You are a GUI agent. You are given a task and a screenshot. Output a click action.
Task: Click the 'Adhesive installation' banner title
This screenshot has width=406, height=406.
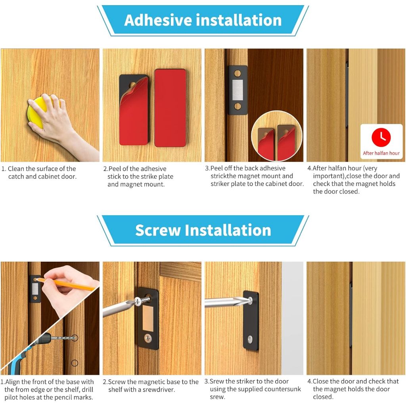203,20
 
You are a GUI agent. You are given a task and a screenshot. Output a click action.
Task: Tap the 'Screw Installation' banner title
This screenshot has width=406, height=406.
203,230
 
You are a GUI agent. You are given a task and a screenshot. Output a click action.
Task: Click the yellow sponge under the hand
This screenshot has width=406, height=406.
36,113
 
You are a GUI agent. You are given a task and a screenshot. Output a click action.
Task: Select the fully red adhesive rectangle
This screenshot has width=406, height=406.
170,108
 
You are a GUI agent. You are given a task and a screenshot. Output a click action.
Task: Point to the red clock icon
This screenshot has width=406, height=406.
381,137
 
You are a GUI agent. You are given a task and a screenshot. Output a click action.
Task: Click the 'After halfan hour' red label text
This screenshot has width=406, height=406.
381,153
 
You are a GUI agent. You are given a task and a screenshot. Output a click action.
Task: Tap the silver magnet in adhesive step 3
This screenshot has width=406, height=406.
237,90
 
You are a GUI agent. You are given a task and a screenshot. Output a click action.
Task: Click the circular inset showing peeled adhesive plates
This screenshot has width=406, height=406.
276,136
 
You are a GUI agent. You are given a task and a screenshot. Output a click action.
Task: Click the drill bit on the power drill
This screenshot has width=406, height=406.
64,338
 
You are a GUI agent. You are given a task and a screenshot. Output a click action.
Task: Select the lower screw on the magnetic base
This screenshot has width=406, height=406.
148,338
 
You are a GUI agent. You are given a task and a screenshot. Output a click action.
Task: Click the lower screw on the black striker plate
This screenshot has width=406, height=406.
250,339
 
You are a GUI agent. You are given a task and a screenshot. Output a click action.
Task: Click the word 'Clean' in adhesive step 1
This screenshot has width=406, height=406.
16,169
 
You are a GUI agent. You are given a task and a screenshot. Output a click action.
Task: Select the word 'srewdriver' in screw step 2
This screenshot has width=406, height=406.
158,389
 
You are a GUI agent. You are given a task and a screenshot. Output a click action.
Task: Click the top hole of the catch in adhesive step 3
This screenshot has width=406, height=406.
237,73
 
